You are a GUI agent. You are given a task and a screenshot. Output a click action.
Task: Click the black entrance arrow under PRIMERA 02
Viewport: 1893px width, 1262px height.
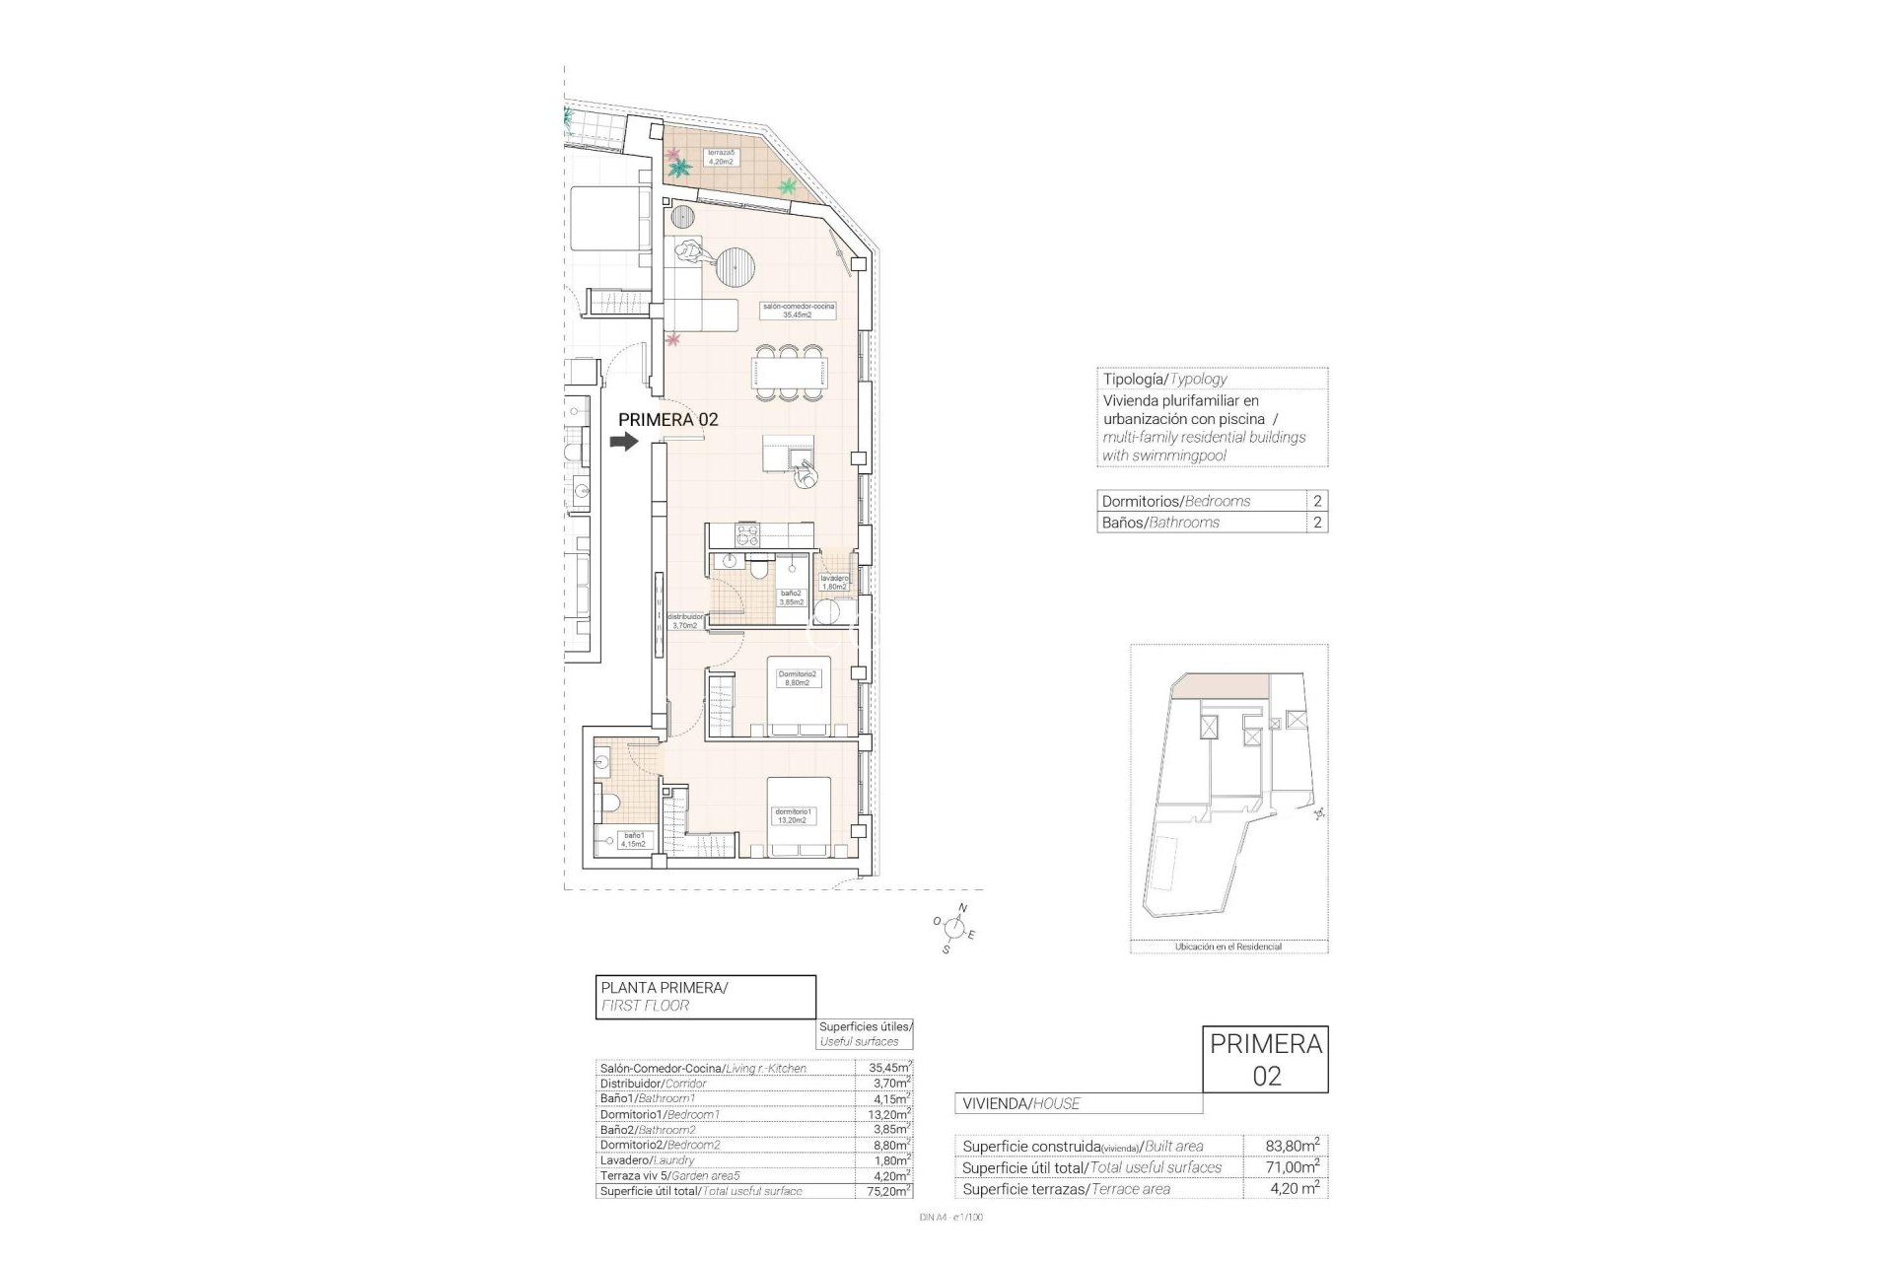pyautogui.click(x=624, y=443)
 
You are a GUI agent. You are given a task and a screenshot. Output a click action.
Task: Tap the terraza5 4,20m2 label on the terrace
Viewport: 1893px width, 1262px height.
pyautogui.click(x=720, y=157)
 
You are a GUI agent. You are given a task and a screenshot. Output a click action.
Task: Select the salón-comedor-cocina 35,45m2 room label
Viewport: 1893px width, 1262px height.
pyautogui.click(x=799, y=311)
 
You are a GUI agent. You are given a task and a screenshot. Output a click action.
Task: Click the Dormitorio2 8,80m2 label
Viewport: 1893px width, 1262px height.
pyautogui.click(x=797, y=677)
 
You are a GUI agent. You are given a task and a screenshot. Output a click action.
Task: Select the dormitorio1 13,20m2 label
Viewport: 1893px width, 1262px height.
pyautogui.click(x=793, y=814)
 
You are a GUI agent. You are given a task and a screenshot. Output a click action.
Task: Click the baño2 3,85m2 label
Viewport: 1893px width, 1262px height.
pyautogui.click(x=792, y=597)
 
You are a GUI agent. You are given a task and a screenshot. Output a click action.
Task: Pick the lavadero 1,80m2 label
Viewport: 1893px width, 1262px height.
pyautogui.click(x=834, y=582)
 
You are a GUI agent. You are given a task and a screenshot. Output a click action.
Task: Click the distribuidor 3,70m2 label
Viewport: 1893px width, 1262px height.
pyautogui.click(x=684, y=620)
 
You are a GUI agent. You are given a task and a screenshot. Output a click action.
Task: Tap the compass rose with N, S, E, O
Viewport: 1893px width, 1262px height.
pyautogui.click(x=953, y=927)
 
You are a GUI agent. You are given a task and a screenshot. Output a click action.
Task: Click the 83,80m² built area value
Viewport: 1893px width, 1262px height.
pyautogui.click(x=1292, y=1146)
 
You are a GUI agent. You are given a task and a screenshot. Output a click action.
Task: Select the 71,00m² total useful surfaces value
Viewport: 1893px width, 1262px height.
pyautogui.click(x=1292, y=1167)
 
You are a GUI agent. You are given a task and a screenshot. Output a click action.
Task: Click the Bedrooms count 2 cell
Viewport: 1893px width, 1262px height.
pyautogui.click(x=1317, y=501)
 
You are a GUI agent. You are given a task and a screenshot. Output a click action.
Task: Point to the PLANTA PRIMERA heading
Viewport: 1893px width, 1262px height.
pyautogui.click(x=664, y=987)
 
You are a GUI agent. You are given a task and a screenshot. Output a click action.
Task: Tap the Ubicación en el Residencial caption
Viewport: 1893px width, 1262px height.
pyautogui.click(x=1227, y=946)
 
